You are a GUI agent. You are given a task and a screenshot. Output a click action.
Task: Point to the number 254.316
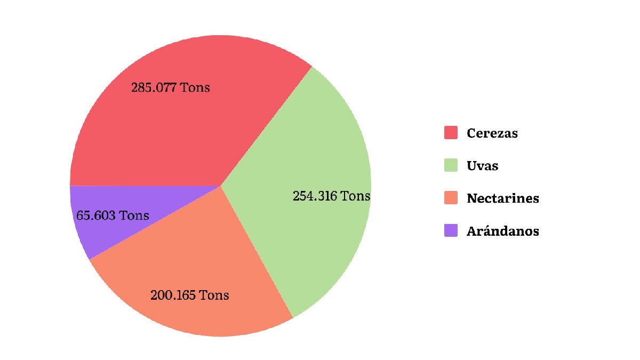point(315,196)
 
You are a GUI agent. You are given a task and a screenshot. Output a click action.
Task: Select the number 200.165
point(173,295)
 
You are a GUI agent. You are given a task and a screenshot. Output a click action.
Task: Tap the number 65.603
point(96,216)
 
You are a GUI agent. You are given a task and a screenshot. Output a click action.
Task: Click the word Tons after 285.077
point(195,87)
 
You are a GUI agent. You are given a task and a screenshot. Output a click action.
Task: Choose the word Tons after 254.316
point(356,196)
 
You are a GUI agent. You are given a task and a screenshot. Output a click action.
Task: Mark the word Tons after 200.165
point(214,295)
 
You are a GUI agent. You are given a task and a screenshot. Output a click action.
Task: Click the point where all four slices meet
point(221,186)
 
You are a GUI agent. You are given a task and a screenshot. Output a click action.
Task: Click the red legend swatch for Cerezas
point(451,133)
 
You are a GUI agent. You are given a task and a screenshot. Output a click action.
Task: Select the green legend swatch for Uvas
point(451,165)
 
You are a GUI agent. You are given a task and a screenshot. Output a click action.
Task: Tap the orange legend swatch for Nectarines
point(451,198)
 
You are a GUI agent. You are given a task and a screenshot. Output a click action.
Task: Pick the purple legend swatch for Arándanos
point(451,231)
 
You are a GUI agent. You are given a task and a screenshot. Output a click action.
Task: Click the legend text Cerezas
point(492,133)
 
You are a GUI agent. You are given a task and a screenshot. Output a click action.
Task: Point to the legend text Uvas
point(482,166)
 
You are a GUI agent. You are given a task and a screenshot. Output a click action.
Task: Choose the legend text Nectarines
point(502,199)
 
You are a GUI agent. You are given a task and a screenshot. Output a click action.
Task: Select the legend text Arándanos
point(502,231)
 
